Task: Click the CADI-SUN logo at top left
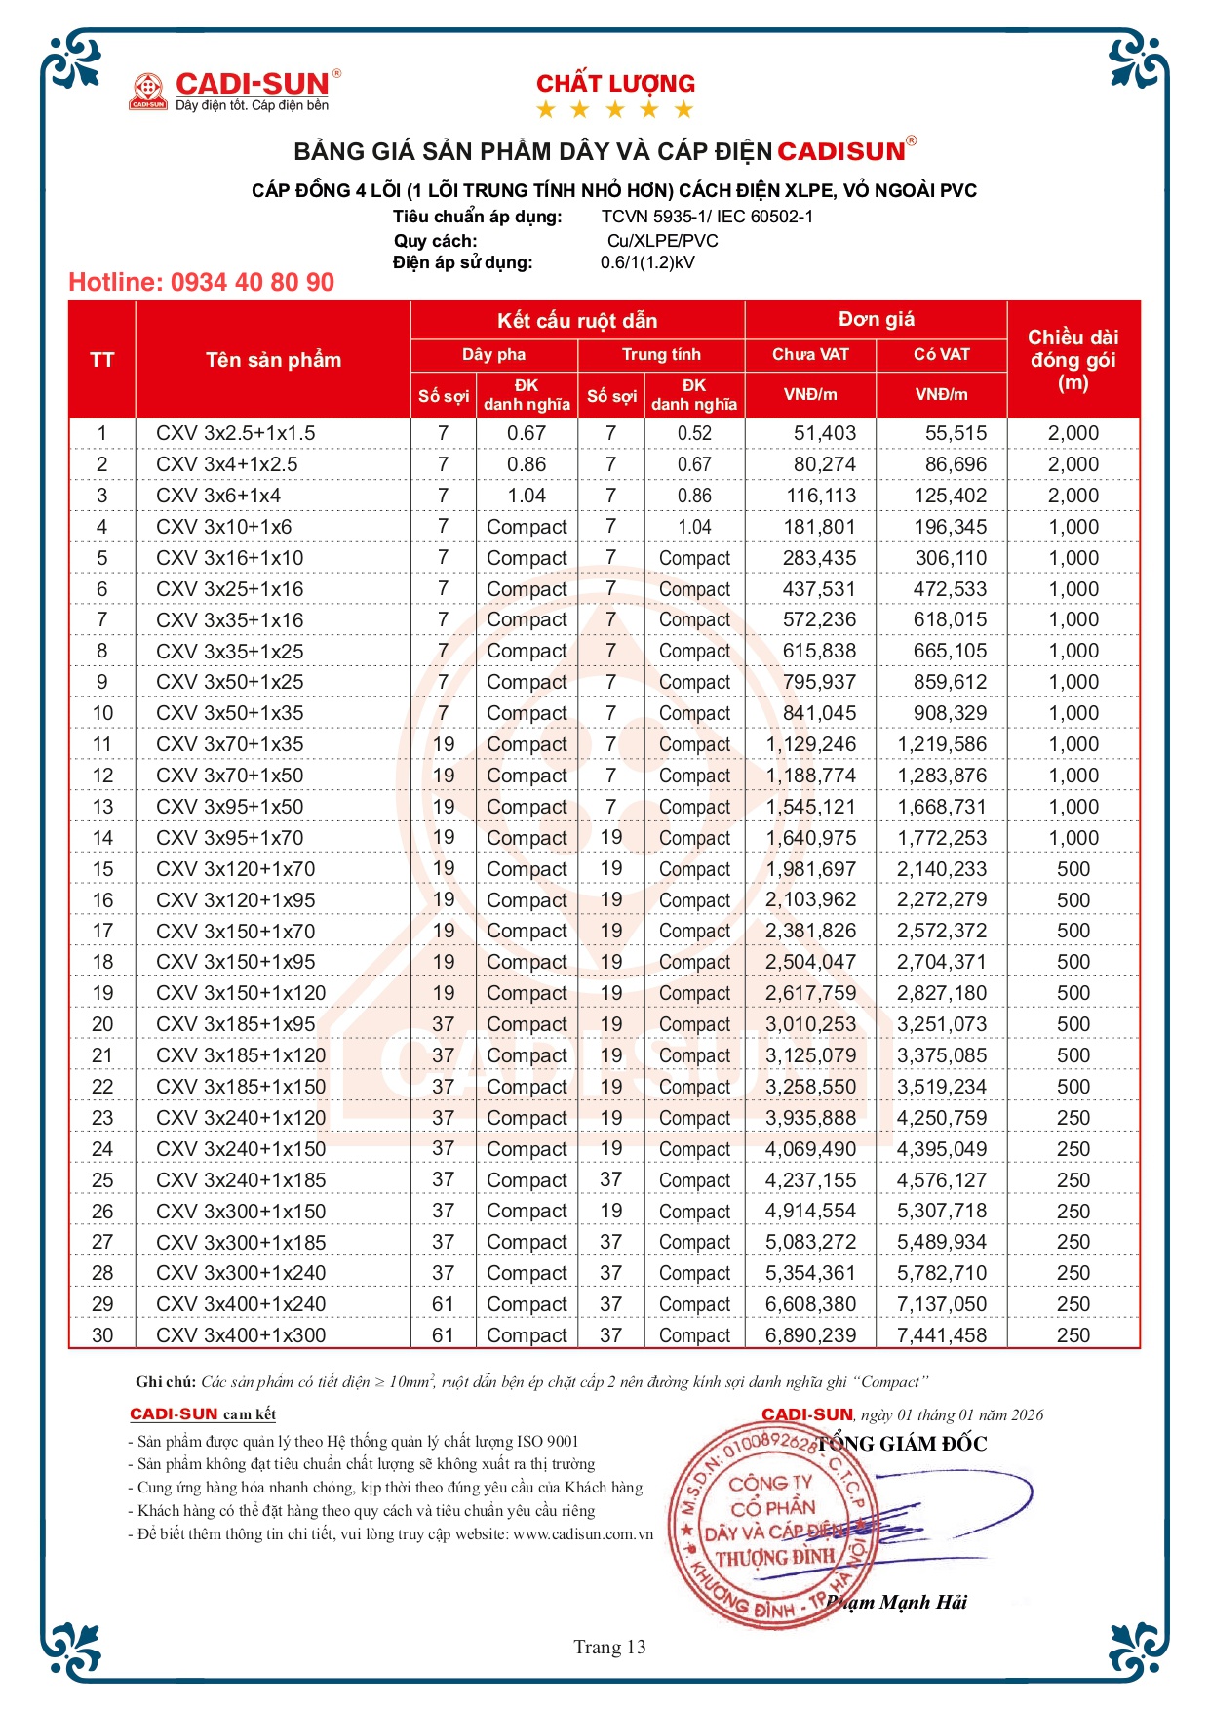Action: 235,90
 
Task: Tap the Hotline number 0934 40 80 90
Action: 201,283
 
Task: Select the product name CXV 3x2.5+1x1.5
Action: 235,433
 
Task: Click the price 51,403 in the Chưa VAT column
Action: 824,433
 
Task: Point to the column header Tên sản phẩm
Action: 273,360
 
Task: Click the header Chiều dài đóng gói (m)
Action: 1073,360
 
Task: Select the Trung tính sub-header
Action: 661,354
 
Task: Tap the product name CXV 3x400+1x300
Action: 241,1335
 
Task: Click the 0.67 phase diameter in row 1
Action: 527,433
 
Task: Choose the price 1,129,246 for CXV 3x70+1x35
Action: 810,744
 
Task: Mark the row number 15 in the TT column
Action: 102,869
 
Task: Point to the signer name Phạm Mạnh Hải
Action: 897,1602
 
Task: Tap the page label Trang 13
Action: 609,1648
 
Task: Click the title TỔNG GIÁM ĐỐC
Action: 902,1444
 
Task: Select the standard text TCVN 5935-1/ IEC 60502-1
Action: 707,217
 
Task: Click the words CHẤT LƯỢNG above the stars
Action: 615,84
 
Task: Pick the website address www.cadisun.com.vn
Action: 583,1534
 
